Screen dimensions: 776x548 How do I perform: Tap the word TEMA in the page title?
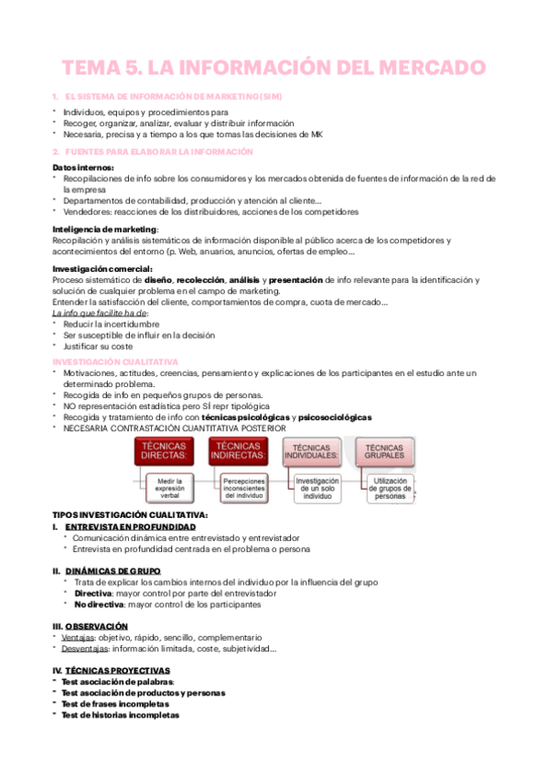(x=96, y=68)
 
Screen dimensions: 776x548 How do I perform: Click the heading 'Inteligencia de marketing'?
(x=105, y=229)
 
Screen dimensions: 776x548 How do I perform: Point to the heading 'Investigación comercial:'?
(x=102, y=268)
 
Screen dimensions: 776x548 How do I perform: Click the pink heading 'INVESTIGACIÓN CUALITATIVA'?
(x=115, y=361)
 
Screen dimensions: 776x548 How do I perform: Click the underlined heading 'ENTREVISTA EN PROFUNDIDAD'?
(x=130, y=527)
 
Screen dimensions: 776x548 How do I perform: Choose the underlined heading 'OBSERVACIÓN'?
(x=96, y=626)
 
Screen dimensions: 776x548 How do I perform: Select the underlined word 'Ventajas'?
(x=78, y=637)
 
